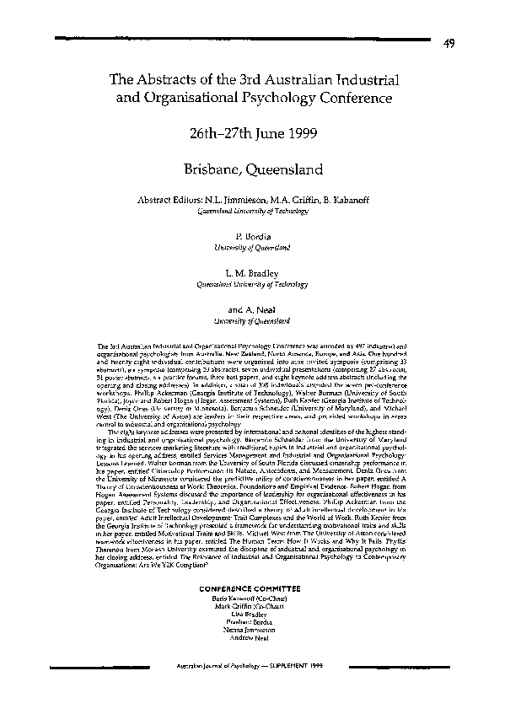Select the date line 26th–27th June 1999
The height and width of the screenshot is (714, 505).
click(x=253, y=134)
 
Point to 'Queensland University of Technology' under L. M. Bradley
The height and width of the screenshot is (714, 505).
click(x=253, y=285)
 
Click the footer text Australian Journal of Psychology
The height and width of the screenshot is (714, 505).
click(x=209, y=690)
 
